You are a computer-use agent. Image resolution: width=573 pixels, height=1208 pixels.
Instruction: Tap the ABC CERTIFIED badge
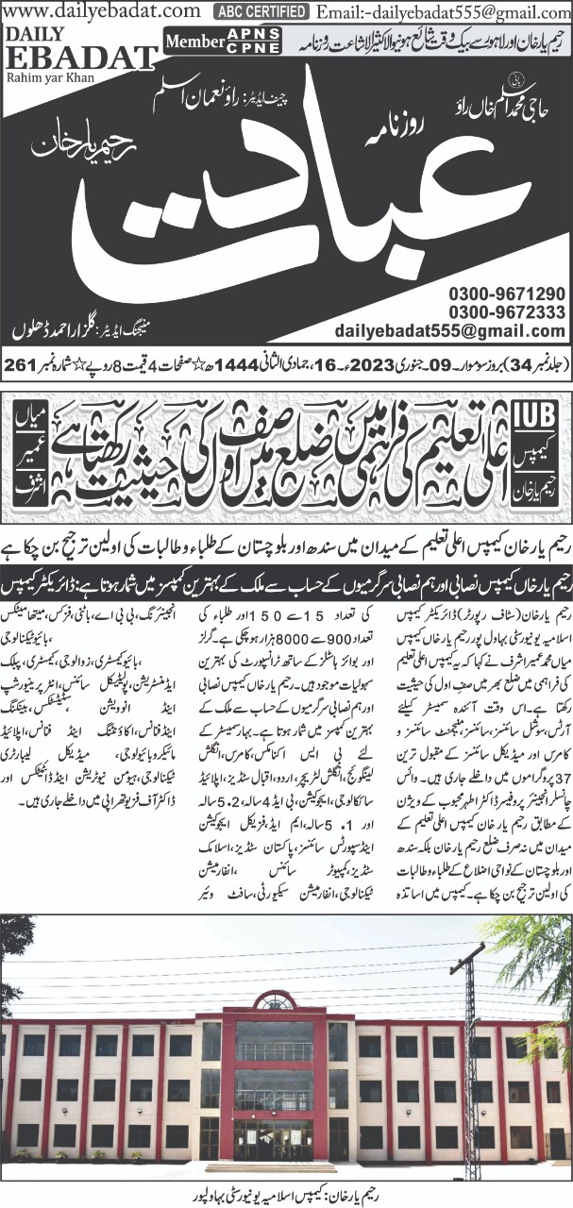(x=261, y=12)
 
